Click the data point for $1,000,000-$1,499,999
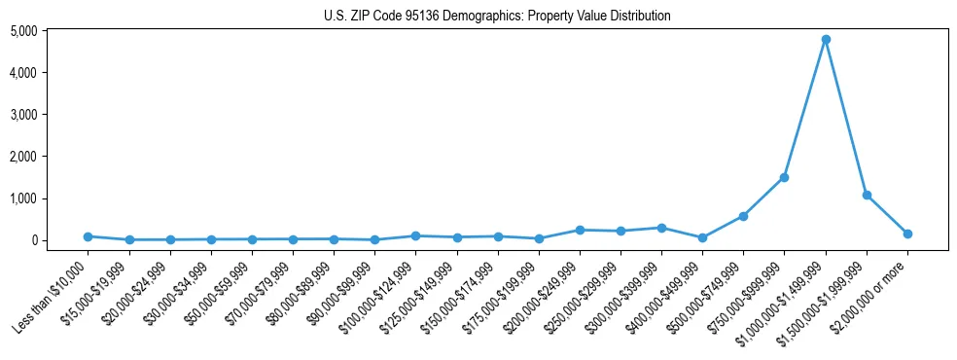pos(826,40)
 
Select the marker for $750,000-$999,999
pos(784,177)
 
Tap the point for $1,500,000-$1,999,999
pos(867,195)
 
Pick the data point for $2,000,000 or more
pos(907,234)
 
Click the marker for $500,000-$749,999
pos(743,216)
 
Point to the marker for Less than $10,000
pos(88,236)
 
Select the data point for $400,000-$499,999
pos(702,237)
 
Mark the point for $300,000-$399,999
pos(661,228)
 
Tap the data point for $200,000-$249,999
pos(580,230)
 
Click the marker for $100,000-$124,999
pos(415,235)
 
